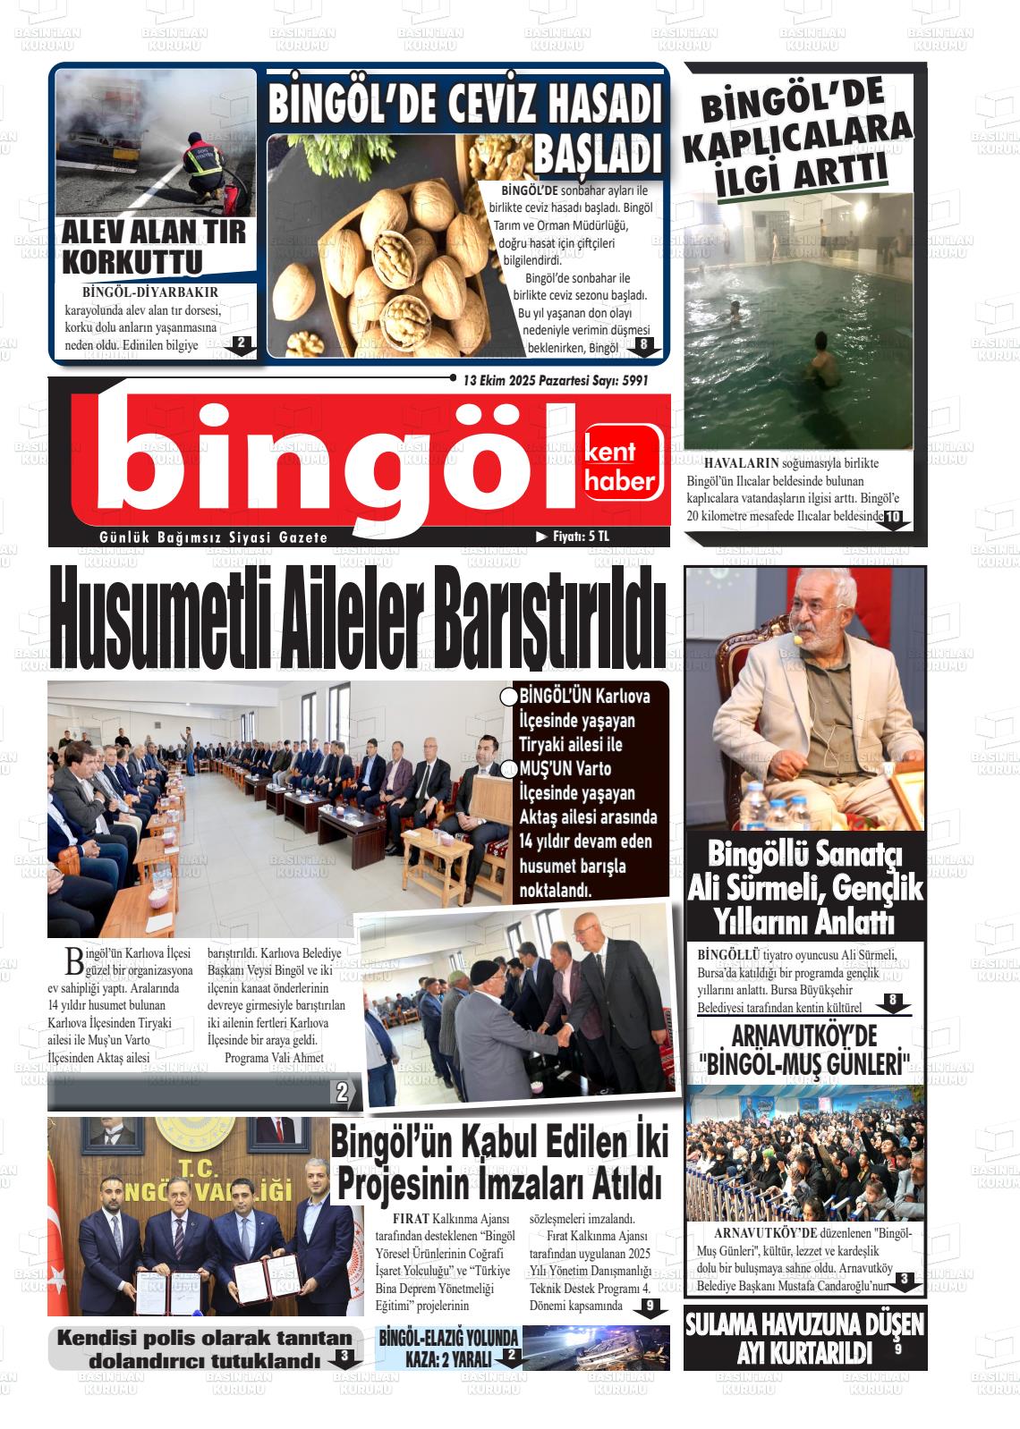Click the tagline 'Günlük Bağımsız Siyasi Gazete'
pos(214,537)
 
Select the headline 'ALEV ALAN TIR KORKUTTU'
pos(153,247)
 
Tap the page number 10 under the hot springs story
pos(894,518)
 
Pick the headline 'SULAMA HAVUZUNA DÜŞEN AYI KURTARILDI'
pos(804,1338)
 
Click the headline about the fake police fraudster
pos(204,1349)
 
